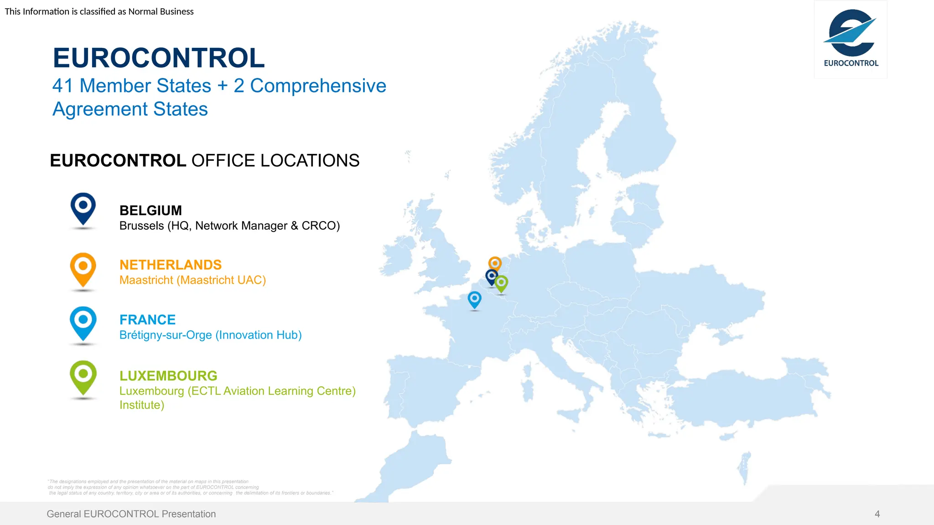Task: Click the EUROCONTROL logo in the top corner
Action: [x=851, y=39]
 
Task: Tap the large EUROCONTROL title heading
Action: [x=159, y=58]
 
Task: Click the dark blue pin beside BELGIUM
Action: [x=83, y=209]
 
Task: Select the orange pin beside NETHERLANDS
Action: [x=83, y=269]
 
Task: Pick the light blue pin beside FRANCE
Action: [x=83, y=323]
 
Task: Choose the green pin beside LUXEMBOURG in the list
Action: [x=83, y=377]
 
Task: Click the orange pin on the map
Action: [x=495, y=264]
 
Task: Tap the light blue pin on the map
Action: [x=475, y=300]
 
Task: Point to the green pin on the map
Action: [x=501, y=283]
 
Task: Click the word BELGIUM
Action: [x=150, y=211]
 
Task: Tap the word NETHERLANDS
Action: [x=171, y=265]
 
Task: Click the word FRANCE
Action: [x=147, y=320]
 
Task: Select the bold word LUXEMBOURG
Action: [x=168, y=376]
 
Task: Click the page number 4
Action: [x=877, y=514]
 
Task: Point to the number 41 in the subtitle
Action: [x=63, y=86]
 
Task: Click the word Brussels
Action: [x=141, y=226]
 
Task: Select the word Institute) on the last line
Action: [x=142, y=405]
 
